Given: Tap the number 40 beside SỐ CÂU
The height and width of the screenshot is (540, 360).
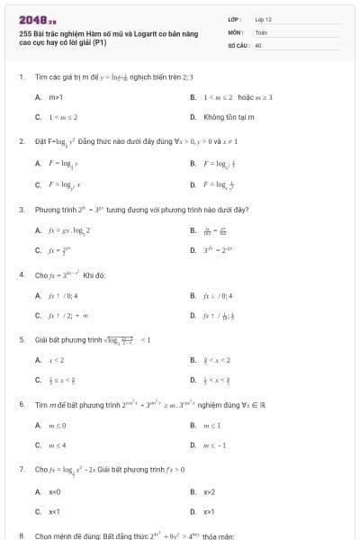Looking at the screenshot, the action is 258,43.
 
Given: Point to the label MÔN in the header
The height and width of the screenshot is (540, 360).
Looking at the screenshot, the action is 235,31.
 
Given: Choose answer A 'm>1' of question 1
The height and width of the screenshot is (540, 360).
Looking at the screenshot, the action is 55,96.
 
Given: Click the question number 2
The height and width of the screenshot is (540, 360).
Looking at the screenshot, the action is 22,141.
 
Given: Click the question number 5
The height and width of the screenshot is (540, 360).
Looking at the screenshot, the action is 22,340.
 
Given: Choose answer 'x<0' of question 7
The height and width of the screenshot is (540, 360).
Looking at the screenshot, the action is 54,491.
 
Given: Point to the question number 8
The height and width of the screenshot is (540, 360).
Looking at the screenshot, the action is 22,535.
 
